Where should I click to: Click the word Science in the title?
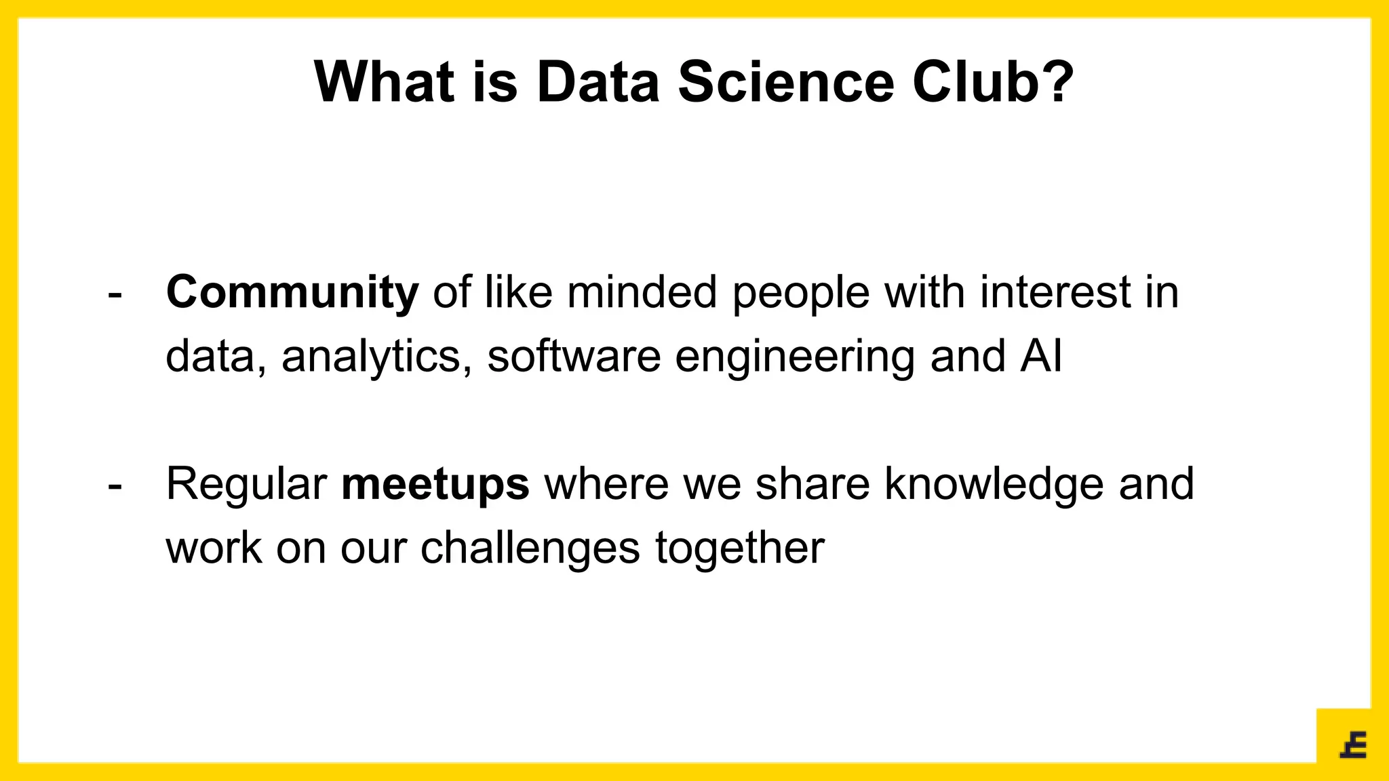tap(786, 82)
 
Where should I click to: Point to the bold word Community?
tap(292, 293)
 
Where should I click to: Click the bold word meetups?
tap(435, 484)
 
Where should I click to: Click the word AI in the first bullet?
tap(1040, 356)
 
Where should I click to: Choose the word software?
tap(574, 356)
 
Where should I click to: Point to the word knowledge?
tap(994, 485)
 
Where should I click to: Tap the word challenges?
tap(530, 548)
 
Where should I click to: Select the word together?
tap(739, 548)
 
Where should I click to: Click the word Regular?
tap(247, 485)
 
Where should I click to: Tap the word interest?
tap(1055, 293)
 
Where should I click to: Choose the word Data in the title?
tap(598, 82)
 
